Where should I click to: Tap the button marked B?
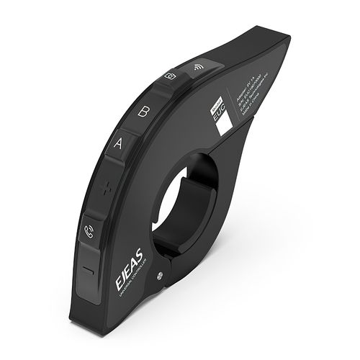[144, 113]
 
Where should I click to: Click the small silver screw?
[168, 273]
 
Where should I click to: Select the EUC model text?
[220, 114]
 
